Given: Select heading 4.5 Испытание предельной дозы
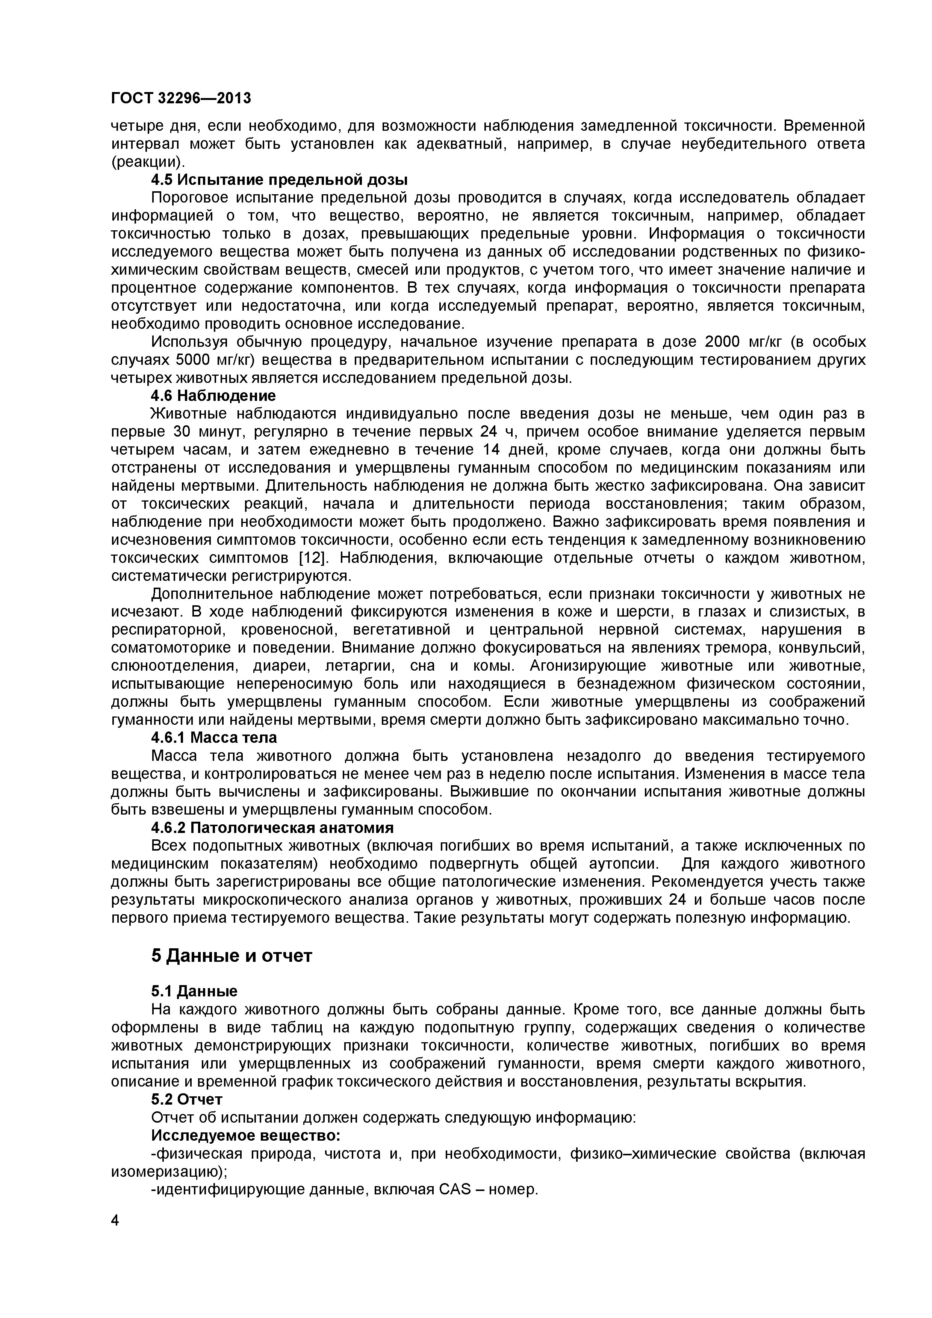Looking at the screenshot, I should (279, 180).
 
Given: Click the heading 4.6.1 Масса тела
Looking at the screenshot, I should (213, 737).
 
